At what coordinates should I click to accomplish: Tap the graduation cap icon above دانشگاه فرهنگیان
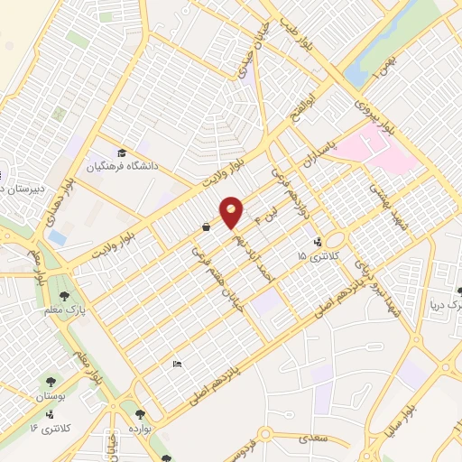click(x=121, y=152)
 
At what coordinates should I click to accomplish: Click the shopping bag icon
click(x=207, y=226)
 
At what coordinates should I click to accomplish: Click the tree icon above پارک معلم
click(x=63, y=294)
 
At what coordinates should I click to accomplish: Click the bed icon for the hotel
click(x=177, y=364)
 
